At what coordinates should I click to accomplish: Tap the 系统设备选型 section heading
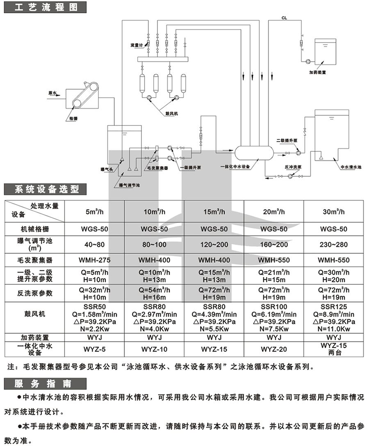[46, 189]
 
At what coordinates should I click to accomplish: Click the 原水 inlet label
[52, 93]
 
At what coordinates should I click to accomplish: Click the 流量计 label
[135, 44]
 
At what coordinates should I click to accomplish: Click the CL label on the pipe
[284, 18]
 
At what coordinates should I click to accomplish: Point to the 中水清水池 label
[351, 167]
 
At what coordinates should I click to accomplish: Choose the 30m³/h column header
[335, 212]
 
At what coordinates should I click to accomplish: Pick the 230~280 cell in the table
[335, 245]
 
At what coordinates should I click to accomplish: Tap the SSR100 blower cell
[273, 306]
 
